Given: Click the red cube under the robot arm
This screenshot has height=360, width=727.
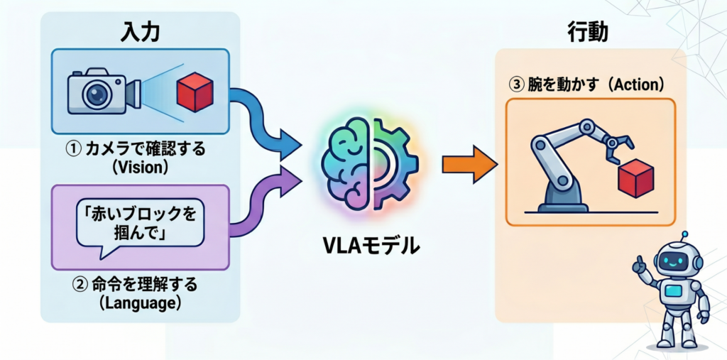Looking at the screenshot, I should [x=636, y=178].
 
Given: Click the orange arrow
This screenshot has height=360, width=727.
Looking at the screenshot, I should [x=469, y=164].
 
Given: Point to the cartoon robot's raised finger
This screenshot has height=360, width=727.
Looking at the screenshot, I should [x=638, y=262].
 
